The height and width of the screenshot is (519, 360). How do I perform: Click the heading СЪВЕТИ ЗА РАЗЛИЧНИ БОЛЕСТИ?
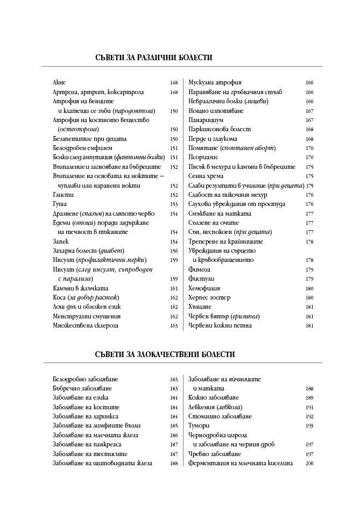point(153,57)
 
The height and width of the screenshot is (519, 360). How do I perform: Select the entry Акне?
point(59,83)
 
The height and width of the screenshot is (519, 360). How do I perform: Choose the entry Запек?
point(61,241)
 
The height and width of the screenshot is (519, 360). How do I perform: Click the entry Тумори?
point(198,425)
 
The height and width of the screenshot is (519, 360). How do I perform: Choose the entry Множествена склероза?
point(85,325)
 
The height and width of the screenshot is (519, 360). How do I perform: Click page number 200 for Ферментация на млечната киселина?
point(309,463)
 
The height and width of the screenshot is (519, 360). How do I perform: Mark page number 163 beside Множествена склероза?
point(174,326)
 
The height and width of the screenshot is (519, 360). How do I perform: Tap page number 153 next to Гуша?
point(174,204)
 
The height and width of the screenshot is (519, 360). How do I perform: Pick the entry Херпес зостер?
point(209,297)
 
